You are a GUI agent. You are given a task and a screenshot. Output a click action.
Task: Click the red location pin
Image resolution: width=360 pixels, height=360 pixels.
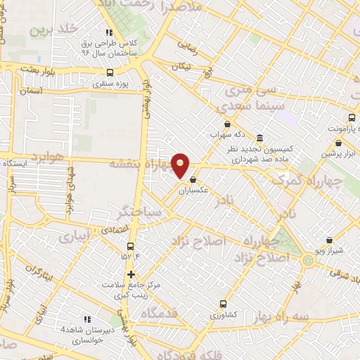point(181,165)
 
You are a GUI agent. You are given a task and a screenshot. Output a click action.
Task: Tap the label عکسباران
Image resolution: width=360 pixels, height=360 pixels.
point(193,190)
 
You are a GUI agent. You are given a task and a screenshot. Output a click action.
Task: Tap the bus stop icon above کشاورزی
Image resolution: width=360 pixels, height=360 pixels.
point(223,304)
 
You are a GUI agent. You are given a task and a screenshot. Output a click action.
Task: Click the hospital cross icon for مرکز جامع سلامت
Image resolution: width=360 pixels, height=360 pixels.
point(130,274)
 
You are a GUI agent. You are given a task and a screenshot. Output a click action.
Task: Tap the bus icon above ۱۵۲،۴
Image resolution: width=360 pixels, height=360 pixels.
point(130,246)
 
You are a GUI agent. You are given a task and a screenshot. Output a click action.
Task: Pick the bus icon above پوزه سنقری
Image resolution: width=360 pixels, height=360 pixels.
point(109,72)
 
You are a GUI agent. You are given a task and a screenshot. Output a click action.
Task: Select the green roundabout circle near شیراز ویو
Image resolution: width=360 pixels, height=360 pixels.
point(307,261)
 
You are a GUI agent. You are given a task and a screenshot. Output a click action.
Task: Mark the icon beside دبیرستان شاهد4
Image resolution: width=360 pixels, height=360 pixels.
point(88,319)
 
